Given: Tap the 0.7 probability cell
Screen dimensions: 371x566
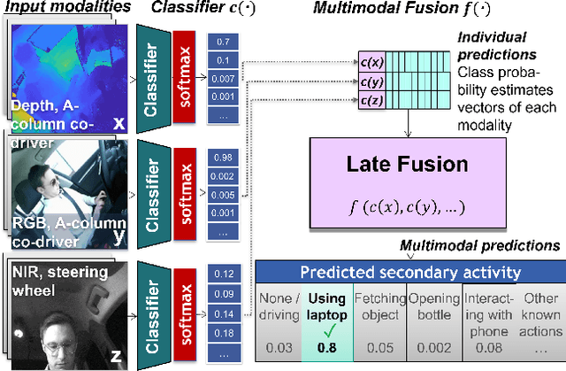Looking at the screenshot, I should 222,42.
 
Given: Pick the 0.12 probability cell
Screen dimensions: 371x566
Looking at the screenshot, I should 222,274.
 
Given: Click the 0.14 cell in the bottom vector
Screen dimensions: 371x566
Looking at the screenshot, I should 222,312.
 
